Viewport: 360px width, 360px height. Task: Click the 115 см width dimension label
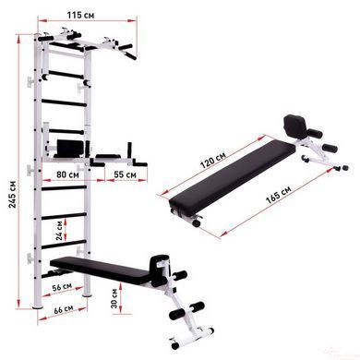[x=81, y=15]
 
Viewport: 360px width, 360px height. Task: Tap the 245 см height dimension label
[x=13, y=194]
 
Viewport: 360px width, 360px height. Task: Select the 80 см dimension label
[x=67, y=174]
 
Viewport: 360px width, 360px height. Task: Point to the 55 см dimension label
[x=125, y=174]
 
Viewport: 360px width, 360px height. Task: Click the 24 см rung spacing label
[x=59, y=231]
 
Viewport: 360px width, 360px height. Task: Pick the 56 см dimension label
[x=62, y=287]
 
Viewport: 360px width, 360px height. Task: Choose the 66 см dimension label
[x=64, y=309]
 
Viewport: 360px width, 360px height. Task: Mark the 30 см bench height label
[x=114, y=298]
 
